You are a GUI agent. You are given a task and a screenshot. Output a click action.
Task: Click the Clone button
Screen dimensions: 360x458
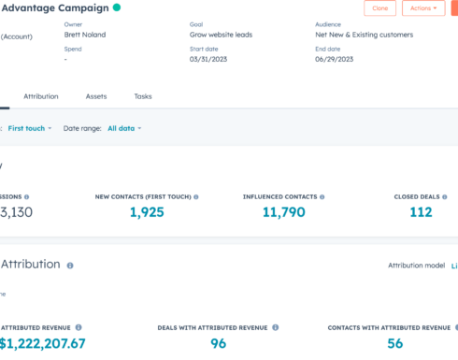coord(379,8)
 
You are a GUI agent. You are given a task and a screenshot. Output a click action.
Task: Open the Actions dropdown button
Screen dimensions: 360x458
coord(423,8)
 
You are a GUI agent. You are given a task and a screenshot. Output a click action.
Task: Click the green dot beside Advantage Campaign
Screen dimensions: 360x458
coord(116,7)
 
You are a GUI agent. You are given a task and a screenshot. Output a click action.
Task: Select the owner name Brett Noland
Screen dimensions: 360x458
coord(86,35)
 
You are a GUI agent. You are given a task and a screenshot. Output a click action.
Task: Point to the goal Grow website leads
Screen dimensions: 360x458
coord(221,35)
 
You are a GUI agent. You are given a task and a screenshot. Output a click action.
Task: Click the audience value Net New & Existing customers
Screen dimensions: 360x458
coord(364,35)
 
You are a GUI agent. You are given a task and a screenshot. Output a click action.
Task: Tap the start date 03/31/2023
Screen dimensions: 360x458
coord(208,59)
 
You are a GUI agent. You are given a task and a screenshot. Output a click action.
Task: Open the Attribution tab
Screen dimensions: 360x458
coord(40,96)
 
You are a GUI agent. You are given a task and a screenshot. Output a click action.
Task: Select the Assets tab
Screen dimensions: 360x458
coord(96,96)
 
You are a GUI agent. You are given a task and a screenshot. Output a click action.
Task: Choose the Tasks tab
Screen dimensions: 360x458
coord(143,96)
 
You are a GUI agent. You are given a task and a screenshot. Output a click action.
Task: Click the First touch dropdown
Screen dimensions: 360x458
coord(30,128)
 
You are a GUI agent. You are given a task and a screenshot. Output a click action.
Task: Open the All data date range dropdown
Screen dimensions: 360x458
coord(124,128)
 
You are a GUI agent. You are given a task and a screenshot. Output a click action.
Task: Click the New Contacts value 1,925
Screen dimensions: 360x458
coord(147,212)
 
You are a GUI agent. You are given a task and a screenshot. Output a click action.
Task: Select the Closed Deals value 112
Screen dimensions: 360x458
coord(421,212)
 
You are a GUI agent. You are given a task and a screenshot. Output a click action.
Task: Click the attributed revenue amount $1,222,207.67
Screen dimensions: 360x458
coord(43,343)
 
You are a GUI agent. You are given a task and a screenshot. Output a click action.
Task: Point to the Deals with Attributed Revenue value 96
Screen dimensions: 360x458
coord(218,343)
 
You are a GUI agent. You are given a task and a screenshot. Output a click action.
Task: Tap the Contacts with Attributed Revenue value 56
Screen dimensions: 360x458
coord(394,343)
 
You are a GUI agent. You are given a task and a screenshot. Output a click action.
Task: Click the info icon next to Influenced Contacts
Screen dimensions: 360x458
coord(322,197)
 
